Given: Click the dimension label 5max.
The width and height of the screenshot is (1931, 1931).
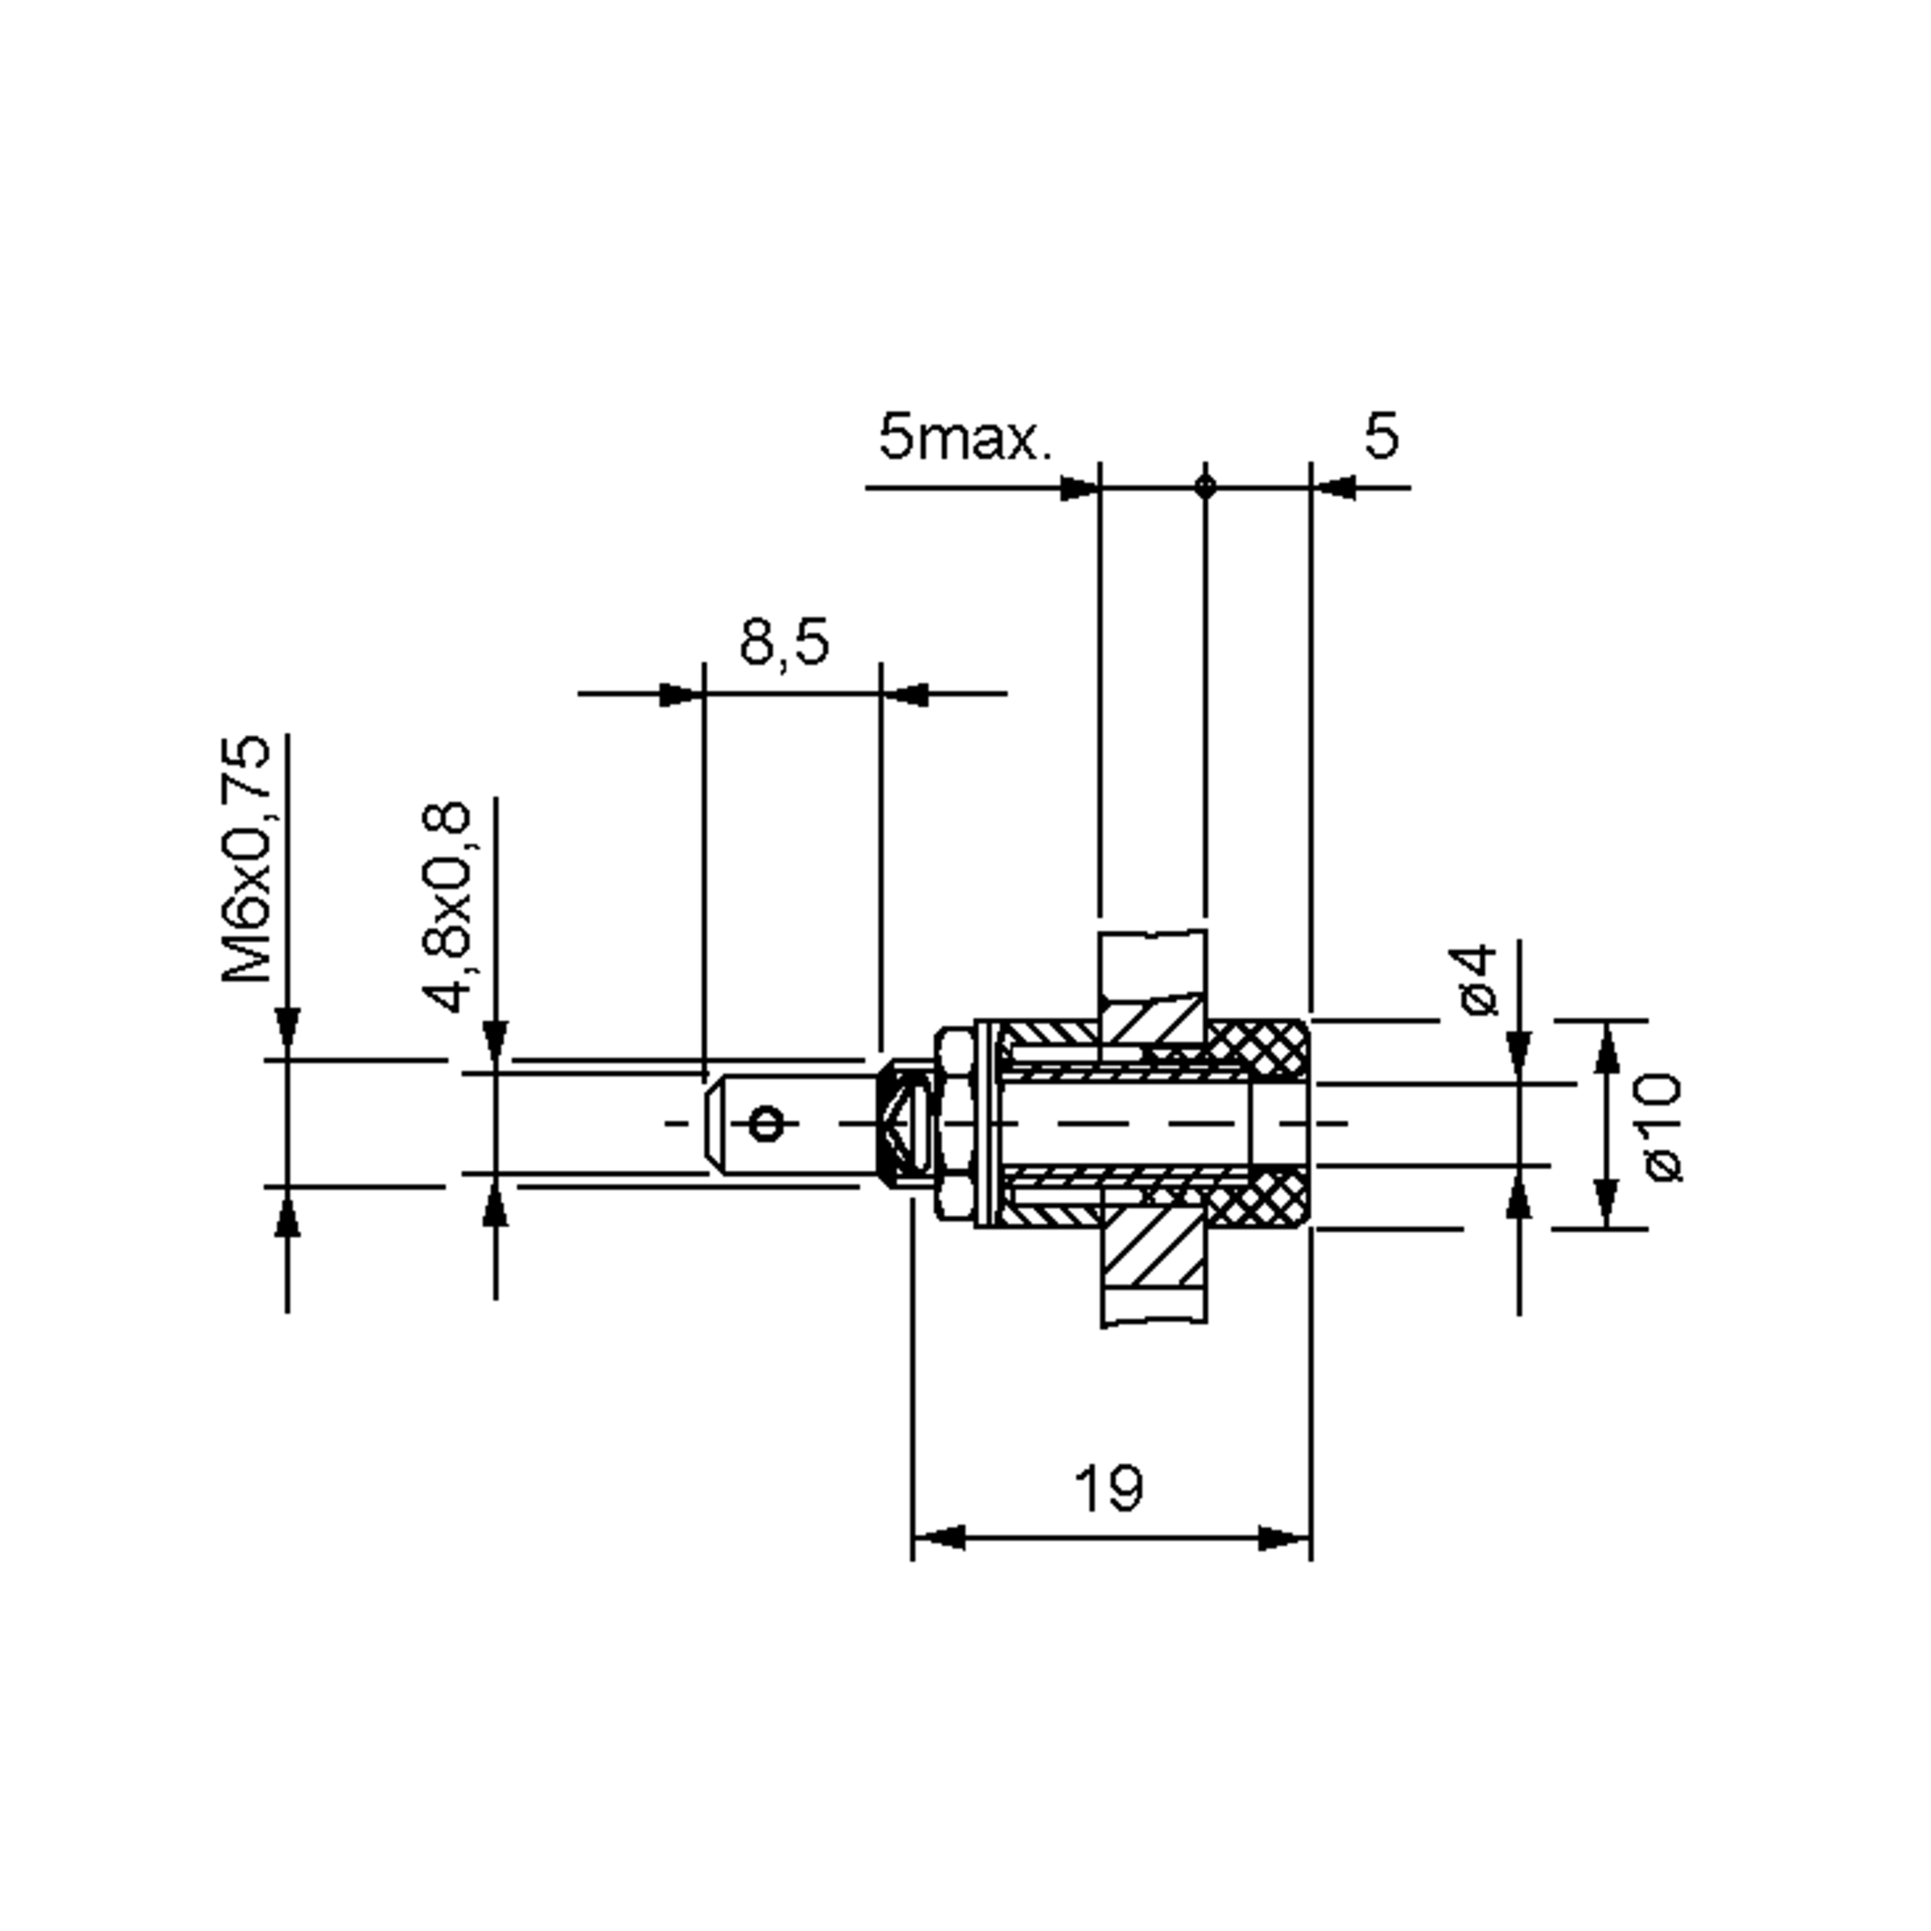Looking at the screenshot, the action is pyautogui.click(x=965, y=438).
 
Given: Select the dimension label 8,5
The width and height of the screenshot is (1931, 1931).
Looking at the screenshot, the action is pyautogui.click(x=784, y=642).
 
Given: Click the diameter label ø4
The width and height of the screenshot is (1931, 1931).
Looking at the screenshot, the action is pyautogui.click(x=1478, y=979).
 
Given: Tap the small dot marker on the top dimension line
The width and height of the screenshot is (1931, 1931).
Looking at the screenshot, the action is pyautogui.click(x=1205, y=487).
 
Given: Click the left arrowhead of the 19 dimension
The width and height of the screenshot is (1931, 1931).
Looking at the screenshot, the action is pyautogui.click(x=937, y=1538).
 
